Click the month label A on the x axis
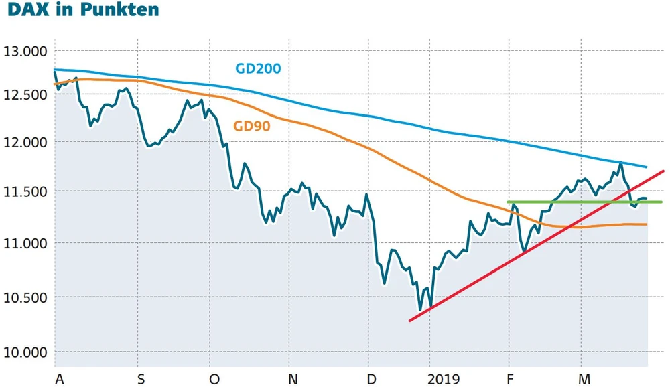(60, 380)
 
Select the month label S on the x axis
(141, 380)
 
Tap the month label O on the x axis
(214, 380)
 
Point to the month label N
(293, 380)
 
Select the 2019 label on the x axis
(445, 380)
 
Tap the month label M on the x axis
(584, 380)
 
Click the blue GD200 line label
(258, 68)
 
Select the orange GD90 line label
(251, 126)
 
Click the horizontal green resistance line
(536, 202)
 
